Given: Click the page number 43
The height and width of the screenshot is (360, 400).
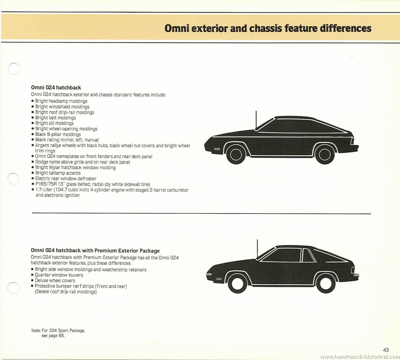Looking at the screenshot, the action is pyautogui.click(x=386, y=350).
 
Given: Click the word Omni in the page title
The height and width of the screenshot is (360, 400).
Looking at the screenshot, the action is pyautogui.click(x=176, y=29).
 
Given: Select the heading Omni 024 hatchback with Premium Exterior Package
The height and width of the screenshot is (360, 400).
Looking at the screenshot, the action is pyautogui.click(x=95, y=251).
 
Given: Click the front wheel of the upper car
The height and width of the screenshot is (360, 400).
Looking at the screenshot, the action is pyautogui.click(x=236, y=154).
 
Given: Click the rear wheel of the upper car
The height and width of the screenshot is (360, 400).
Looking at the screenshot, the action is pyautogui.click(x=325, y=154).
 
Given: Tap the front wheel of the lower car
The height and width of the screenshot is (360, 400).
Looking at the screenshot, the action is pyautogui.click(x=237, y=284).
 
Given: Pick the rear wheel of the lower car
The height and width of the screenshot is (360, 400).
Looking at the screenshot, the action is pyautogui.click(x=326, y=284).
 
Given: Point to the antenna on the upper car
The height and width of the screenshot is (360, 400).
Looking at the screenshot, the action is pyautogui.click(x=256, y=120).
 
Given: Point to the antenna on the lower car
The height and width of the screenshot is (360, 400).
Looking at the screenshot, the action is pyautogui.click(x=257, y=249).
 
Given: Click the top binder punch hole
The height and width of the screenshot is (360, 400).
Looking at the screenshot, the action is pyautogui.click(x=14, y=69).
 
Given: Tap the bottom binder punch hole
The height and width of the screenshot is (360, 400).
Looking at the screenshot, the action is pyautogui.click(x=13, y=288).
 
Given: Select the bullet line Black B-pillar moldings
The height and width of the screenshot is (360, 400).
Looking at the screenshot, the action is pyautogui.click(x=58, y=134).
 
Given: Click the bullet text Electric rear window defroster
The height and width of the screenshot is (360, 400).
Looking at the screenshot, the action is pyautogui.click(x=66, y=179).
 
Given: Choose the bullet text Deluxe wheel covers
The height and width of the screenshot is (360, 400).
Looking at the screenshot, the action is pyautogui.click(x=55, y=280).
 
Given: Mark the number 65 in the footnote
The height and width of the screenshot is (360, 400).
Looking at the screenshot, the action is pyautogui.click(x=61, y=335).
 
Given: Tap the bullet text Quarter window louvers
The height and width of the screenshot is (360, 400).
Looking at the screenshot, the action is pyautogui.click(x=59, y=275).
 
